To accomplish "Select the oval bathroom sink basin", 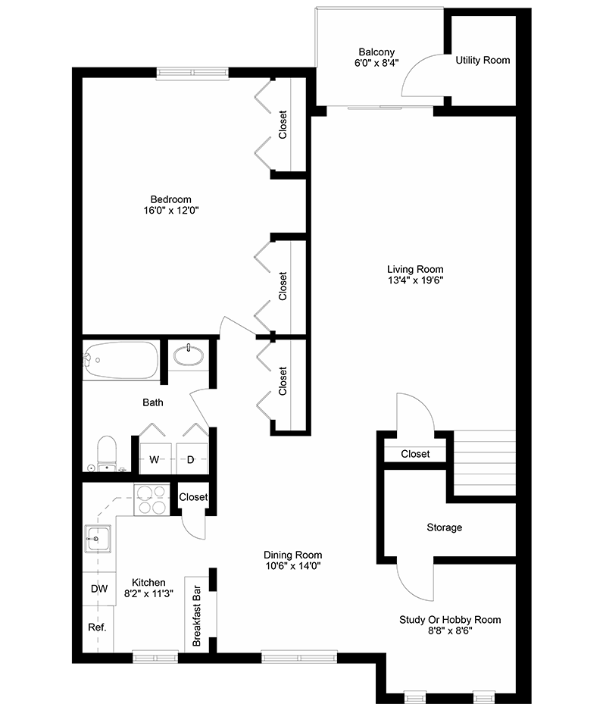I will click(187, 355).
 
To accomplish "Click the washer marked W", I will click(154, 459).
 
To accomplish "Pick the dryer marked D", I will click(192, 459).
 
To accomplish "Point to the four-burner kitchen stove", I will click(151, 499).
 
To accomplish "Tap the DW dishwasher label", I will click(98, 589).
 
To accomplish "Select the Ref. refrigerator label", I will click(98, 627).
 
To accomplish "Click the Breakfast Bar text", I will click(197, 615).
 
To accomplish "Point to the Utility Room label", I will click(483, 60).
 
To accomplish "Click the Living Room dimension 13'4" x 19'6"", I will click(415, 280).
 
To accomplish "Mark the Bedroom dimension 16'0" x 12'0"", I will click(170, 211).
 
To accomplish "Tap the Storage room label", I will click(444, 527).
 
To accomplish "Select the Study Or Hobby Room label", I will click(450, 620).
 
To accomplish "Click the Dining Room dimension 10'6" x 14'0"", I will click(293, 565).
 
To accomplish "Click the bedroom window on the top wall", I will click(192, 74).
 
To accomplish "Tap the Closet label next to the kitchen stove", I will click(193, 497).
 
